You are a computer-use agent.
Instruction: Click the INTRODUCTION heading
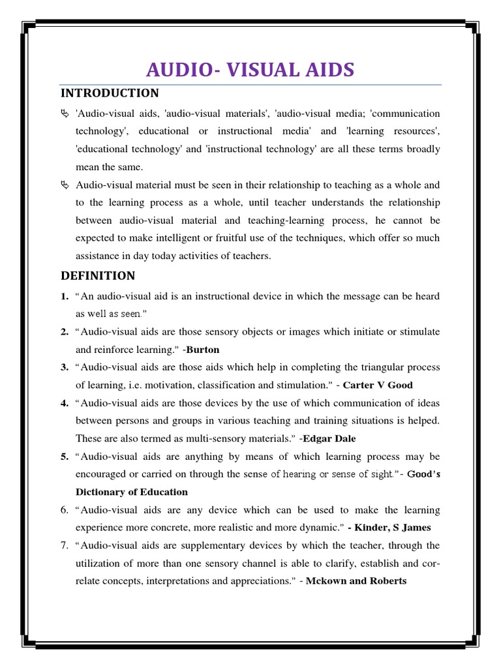pos(109,93)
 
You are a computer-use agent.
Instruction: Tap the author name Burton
pos(203,350)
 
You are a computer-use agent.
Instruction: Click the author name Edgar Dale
pos(329,438)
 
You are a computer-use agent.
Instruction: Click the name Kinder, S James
pos(392,527)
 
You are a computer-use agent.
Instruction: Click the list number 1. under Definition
pos(65,296)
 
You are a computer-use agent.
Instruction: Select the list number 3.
pos(65,367)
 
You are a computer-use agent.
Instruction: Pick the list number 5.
pos(65,457)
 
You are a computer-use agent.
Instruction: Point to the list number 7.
pos(65,545)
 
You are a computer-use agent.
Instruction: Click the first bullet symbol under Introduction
pos(64,114)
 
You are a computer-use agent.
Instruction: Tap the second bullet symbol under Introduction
pos(64,185)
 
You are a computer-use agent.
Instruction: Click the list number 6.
pos(65,509)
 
